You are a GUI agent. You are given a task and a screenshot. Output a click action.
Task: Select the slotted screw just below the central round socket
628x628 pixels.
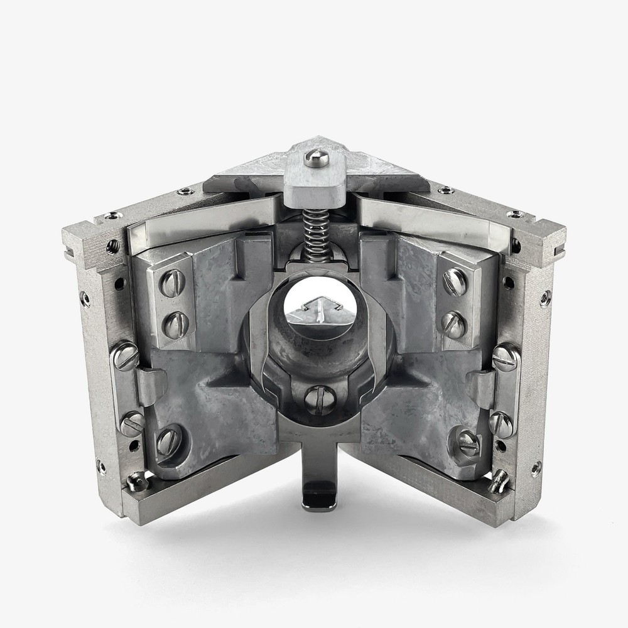tap(320, 400)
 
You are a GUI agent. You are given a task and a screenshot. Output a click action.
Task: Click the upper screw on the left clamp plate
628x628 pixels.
tap(174, 283)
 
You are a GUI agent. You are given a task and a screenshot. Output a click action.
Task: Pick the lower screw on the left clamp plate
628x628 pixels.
tap(176, 324)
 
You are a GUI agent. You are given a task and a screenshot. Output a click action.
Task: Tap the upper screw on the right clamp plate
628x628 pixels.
tap(455, 282)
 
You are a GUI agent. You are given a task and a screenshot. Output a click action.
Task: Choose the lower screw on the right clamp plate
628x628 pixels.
tap(453, 324)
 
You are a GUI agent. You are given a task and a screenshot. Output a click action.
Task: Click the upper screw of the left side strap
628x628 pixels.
tap(126, 357)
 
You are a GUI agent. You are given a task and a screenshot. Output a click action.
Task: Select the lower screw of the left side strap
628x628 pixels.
tap(133, 424)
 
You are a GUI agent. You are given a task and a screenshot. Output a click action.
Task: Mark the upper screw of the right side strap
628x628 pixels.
tap(505, 358)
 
